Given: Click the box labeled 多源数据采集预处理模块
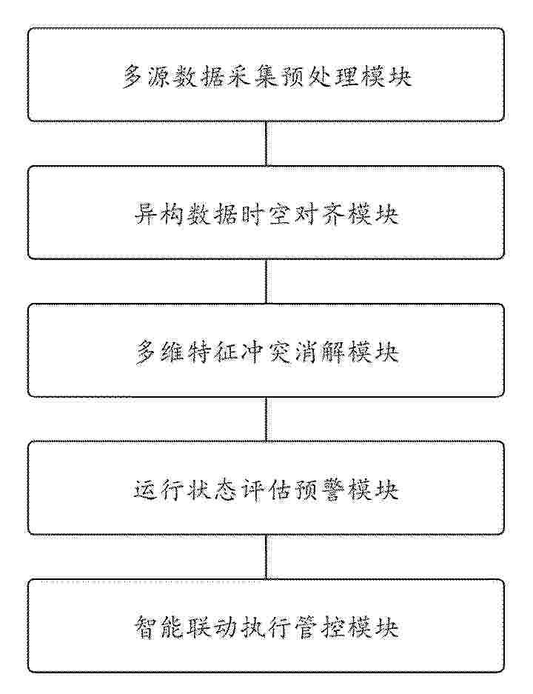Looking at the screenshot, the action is click(266, 75).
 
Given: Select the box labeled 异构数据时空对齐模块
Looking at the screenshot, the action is click(266, 213).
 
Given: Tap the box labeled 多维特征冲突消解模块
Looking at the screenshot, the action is click(266, 350).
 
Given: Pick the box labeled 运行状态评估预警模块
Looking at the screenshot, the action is click(266, 488).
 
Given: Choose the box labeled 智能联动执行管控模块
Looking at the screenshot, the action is click(266, 626).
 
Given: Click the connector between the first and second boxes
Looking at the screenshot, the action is click(266, 144).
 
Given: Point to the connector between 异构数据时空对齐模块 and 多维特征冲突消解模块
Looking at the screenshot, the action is click(266, 281).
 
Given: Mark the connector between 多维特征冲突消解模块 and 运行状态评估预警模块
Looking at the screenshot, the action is click(266, 419).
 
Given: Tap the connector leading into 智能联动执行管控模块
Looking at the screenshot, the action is click(266, 557).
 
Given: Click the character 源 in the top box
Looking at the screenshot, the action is click(159, 76).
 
